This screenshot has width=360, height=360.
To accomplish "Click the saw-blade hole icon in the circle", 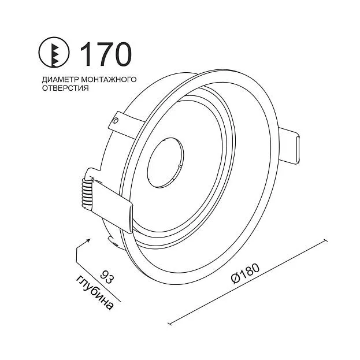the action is pyautogui.click(x=54, y=53).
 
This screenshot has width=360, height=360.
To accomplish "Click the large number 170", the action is pyautogui.click(x=106, y=54).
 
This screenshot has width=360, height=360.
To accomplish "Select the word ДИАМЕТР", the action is pyautogui.click(x=60, y=80).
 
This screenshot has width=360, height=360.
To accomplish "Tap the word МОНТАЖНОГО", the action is pyautogui.click(x=109, y=79).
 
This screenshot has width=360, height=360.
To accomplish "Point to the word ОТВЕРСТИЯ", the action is pyautogui.click(x=65, y=88).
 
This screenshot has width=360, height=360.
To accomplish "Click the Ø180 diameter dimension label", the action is pyautogui.click(x=246, y=273).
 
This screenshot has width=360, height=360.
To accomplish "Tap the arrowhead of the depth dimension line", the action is pyautogui.click(x=88, y=240).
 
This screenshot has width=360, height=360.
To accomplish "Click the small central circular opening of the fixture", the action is pyautogui.click(x=165, y=162).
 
